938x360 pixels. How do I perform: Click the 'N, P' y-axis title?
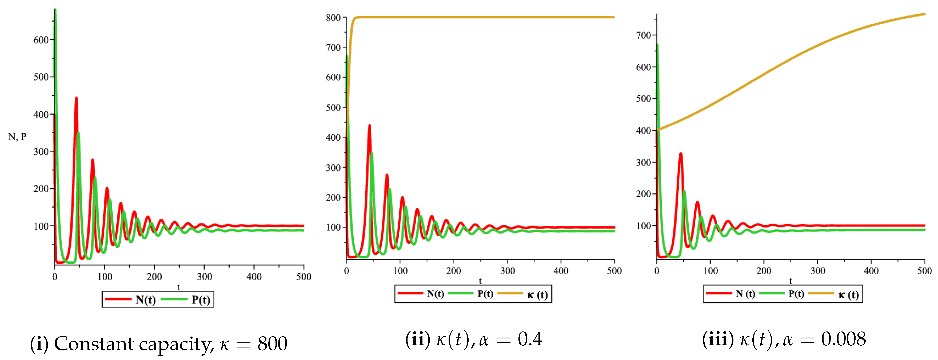click(x=17, y=137)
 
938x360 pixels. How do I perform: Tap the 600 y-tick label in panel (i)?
click(x=41, y=40)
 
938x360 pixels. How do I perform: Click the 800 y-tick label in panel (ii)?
click(x=333, y=18)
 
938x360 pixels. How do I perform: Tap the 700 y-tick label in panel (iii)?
click(x=643, y=35)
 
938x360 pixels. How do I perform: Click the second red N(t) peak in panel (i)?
click(x=76, y=98)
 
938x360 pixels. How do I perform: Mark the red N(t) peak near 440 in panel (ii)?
click(x=370, y=126)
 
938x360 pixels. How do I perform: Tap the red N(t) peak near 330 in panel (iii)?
click(x=681, y=154)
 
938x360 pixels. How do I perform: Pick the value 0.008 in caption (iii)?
click(x=843, y=339)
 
